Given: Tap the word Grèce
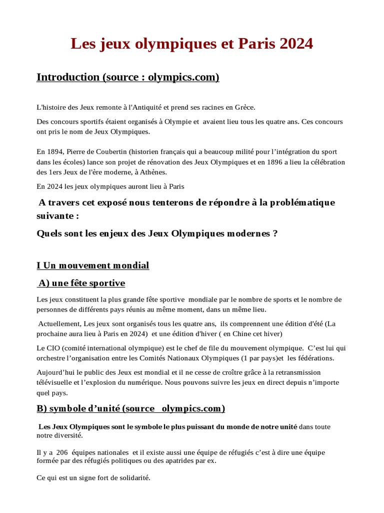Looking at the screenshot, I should coord(243,107).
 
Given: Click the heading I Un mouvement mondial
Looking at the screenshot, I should coord(93,266).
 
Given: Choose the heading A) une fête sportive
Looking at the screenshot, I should coord(81,284).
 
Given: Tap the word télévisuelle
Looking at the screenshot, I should coord(56,383).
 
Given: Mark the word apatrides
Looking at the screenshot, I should coord(170,461).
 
